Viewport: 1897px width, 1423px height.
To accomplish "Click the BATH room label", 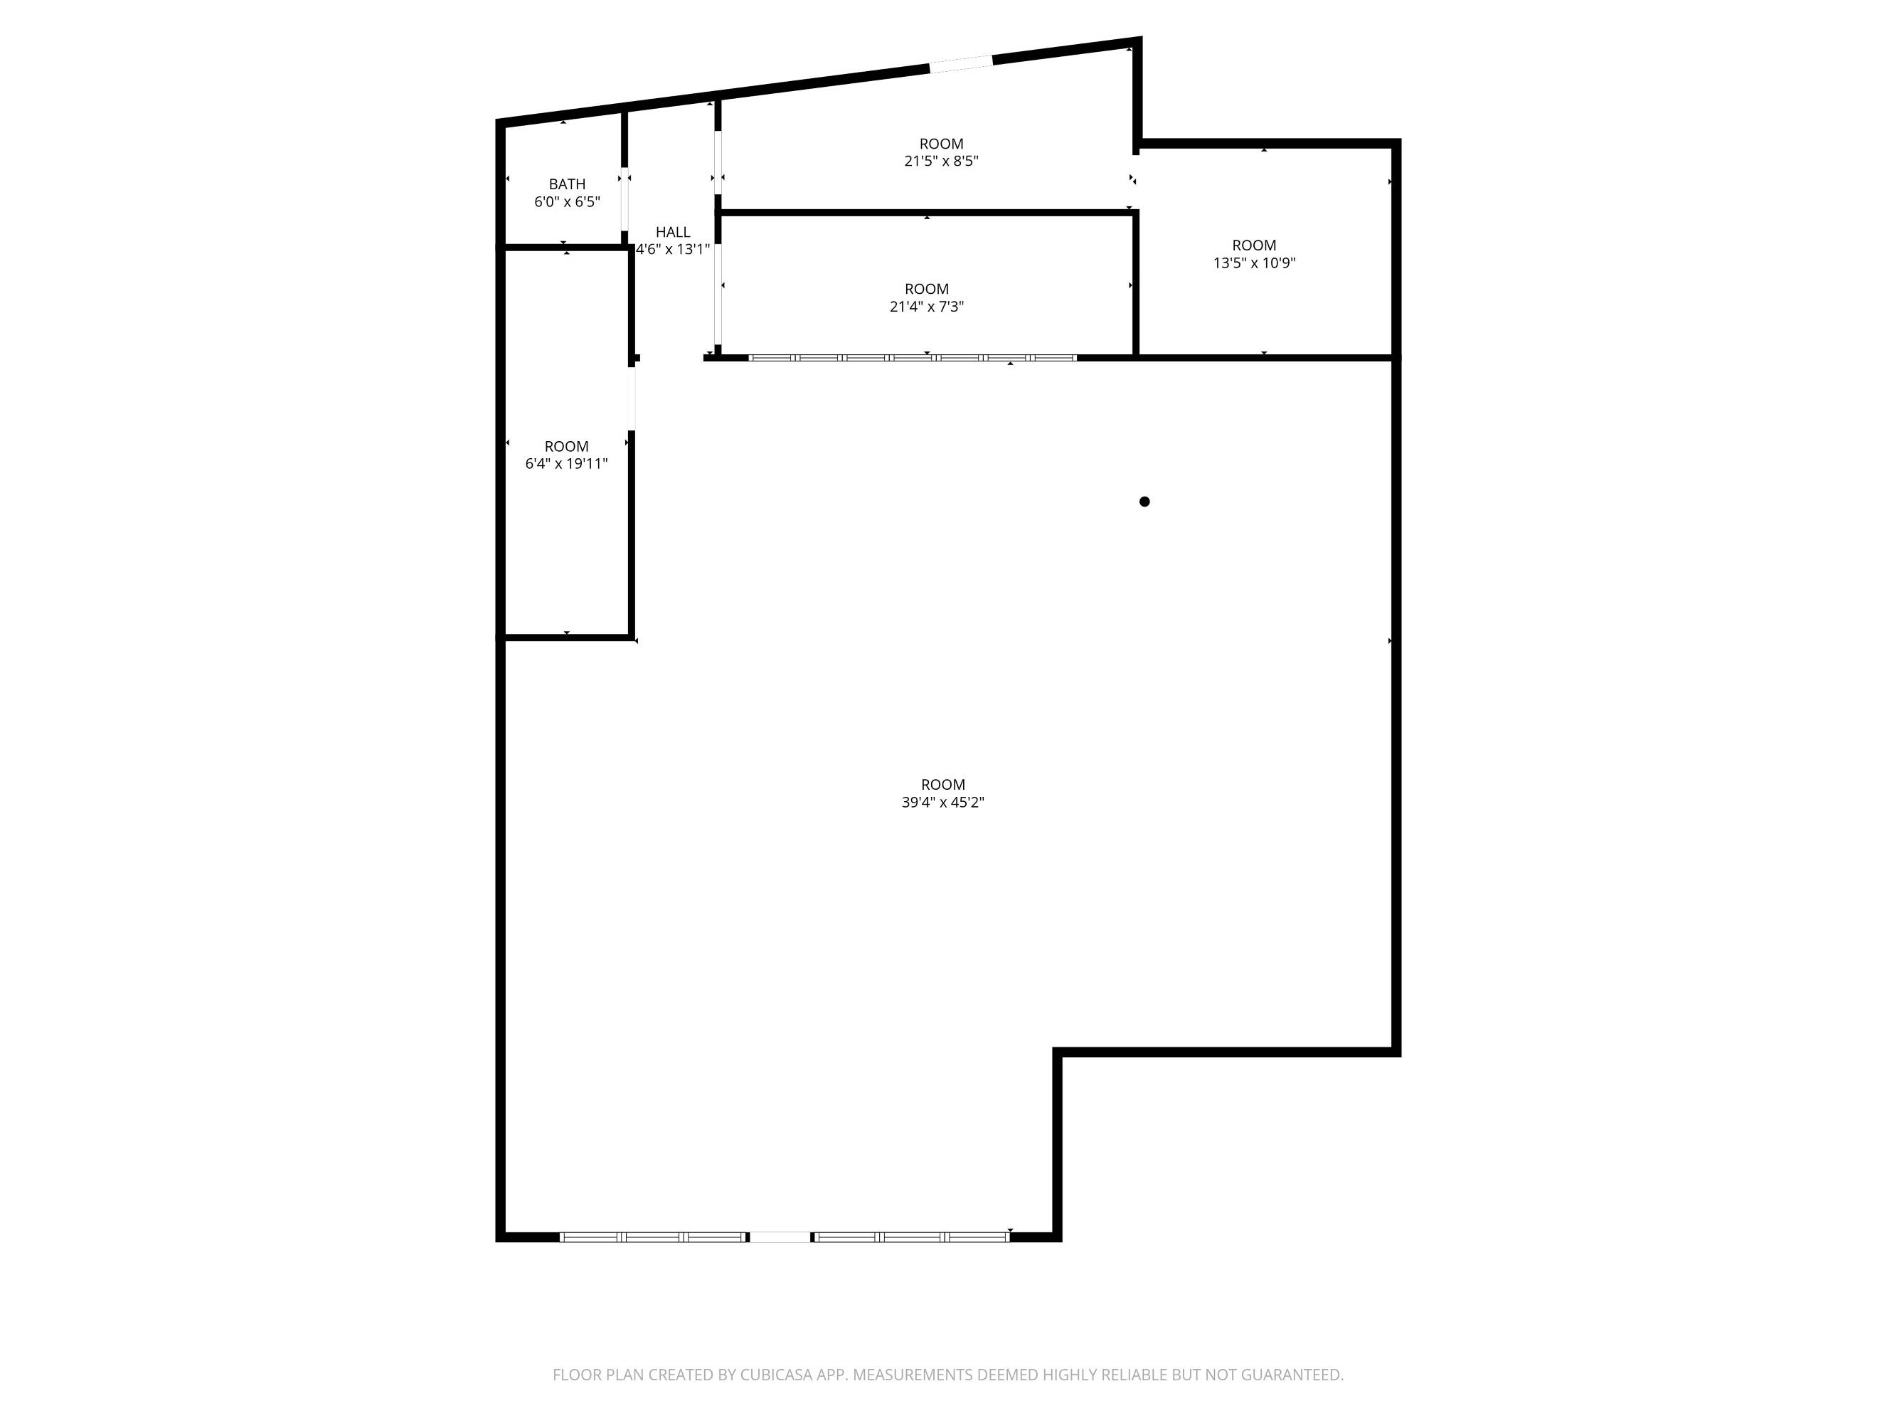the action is pyautogui.click(x=567, y=184).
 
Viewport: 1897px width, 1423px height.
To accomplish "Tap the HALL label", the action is pyautogui.click(x=673, y=233).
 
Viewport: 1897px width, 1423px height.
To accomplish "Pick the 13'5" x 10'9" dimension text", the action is pyautogui.click(x=1254, y=263).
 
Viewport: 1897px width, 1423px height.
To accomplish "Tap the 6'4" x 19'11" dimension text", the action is pyautogui.click(x=567, y=464).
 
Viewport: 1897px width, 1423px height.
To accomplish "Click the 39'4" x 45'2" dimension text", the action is pyautogui.click(x=943, y=803).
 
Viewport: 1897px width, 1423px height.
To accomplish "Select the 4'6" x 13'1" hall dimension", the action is pyautogui.click(x=673, y=250).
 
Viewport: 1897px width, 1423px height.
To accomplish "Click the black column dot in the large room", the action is pyautogui.click(x=1144, y=502).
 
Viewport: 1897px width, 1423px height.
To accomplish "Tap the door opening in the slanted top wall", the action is pyautogui.click(x=962, y=63).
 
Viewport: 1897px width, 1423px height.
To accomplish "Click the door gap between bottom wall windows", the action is pyautogui.click(x=780, y=1237).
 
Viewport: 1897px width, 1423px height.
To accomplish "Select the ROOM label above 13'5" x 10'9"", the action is pyautogui.click(x=1254, y=245).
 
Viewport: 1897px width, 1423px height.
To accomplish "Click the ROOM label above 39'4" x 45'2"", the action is pyautogui.click(x=943, y=785).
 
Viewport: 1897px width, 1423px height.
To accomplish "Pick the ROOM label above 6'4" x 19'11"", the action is pyautogui.click(x=567, y=446).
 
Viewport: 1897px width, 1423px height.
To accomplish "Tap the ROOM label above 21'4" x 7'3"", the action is pyautogui.click(x=927, y=289).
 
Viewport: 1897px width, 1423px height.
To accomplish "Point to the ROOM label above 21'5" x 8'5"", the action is pyautogui.click(x=942, y=144).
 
